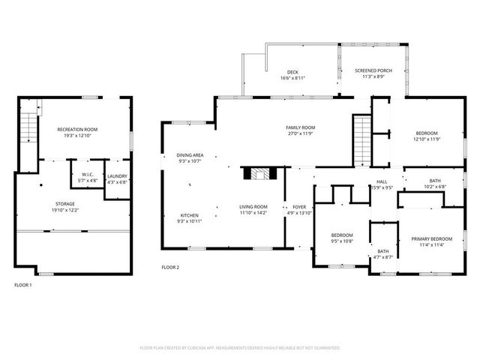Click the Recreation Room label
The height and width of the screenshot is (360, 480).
click(x=78, y=130)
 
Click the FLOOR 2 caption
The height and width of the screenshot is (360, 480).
click(x=170, y=267)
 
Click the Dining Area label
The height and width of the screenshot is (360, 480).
click(x=190, y=154)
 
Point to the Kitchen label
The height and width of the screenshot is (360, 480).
click(x=190, y=215)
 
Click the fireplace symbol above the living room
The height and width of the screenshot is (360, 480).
click(x=259, y=175)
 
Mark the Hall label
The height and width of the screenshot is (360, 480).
click(x=382, y=182)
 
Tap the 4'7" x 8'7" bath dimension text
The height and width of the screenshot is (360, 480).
click(x=383, y=257)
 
